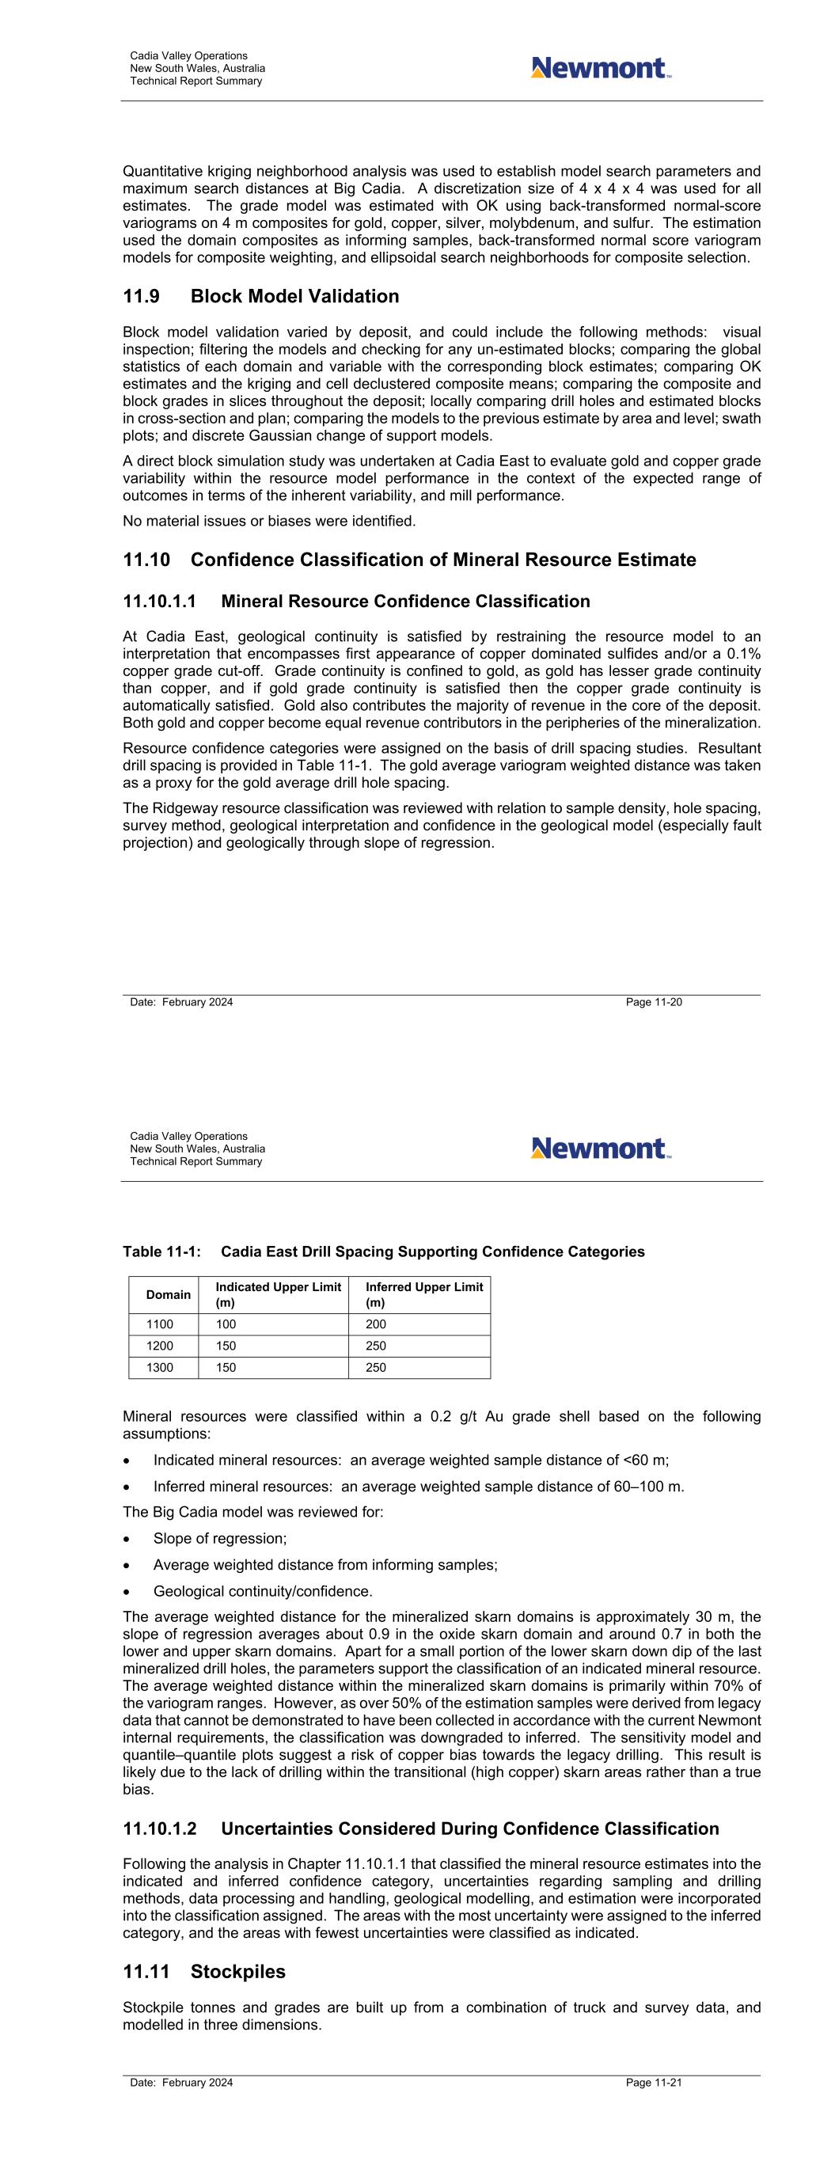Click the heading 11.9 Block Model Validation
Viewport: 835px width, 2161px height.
(x=261, y=296)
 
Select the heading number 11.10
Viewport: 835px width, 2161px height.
(x=148, y=560)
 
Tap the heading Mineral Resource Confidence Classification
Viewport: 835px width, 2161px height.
(x=405, y=602)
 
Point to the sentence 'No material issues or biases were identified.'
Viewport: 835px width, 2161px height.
(x=268, y=521)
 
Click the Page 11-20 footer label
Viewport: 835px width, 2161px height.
(x=654, y=1001)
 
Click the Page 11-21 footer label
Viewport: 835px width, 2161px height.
(x=654, y=2082)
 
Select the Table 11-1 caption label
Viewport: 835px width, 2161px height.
(x=161, y=1251)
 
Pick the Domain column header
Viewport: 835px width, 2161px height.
(x=168, y=1294)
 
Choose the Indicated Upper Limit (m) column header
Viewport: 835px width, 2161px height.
(x=278, y=1294)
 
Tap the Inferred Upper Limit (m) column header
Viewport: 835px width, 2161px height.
(x=423, y=1294)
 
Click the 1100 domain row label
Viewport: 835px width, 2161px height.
(x=159, y=1324)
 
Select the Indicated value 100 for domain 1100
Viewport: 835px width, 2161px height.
(x=226, y=1324)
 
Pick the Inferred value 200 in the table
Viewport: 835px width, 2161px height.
(x=376, y=1324)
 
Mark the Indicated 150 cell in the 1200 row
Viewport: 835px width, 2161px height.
(x=226, y=1346)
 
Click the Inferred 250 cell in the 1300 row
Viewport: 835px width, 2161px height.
(x=376, y=1367)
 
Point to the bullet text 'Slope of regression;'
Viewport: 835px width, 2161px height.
(x=220, y=1538)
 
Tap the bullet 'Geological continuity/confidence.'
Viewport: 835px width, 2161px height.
(x=263, y=1591)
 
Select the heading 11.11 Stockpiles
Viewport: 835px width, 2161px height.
(x=204, y=1971)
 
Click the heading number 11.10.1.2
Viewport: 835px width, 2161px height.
(x=159, y=1829)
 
